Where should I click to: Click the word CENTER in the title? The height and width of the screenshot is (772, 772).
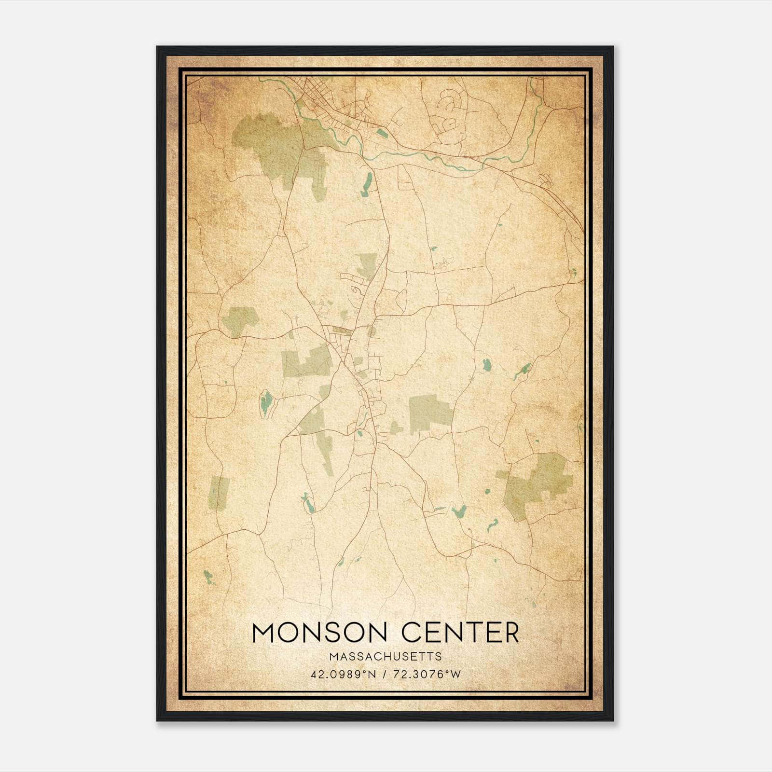coord(461,633)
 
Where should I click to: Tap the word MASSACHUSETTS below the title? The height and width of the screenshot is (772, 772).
coord(386,656)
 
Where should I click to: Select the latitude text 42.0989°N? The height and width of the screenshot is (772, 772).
coord(343,674)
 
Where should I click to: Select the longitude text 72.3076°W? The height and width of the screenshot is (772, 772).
coord(427,674)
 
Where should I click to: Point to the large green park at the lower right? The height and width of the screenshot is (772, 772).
coord(536,485)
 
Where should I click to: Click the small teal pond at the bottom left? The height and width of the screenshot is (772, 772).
coord(208,577)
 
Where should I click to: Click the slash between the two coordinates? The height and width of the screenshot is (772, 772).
coord(385,674)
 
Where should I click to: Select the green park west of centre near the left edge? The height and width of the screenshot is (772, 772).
coord(240,319)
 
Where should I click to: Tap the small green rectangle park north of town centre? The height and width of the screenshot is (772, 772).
coord(368,264)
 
